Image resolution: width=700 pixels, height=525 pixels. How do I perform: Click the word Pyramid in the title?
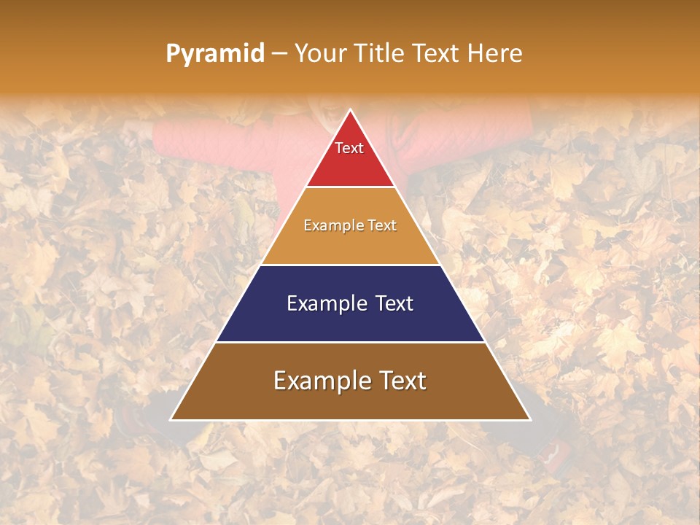(214, 54)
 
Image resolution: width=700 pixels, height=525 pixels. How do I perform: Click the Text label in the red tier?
(349, 148)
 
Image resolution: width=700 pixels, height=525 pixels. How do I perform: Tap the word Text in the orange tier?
(381, 225)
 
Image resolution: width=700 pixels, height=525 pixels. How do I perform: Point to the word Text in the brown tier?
(400, 381)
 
